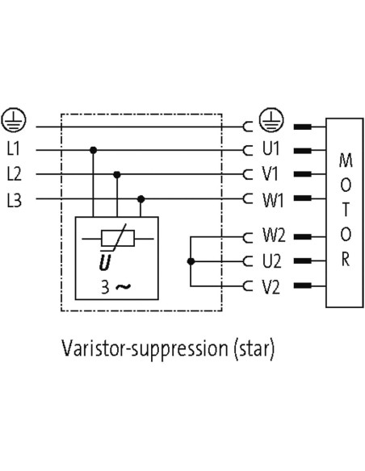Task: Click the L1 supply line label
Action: coord(14,148)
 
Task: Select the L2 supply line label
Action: coord(14,174)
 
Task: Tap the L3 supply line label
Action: coord(14,200)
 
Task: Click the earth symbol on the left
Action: coord(14,119)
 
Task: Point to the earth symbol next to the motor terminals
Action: coord(271,119)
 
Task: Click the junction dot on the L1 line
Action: coord(93,149)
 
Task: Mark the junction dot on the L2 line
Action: coord(117,174)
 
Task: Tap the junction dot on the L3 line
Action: coord(141,199)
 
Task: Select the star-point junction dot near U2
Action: coord(191,261)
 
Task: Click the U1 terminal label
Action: coord(271,148)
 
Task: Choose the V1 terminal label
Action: coord(271,174)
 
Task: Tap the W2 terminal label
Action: coord(275,235)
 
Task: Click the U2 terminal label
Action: coord(272,261)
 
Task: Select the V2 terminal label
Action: coord(271,287)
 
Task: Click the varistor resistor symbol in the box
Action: coord(118,239)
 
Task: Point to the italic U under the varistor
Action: coord(105,262)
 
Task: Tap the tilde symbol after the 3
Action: coord(124,287)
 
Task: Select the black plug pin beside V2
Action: coord(303,285)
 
